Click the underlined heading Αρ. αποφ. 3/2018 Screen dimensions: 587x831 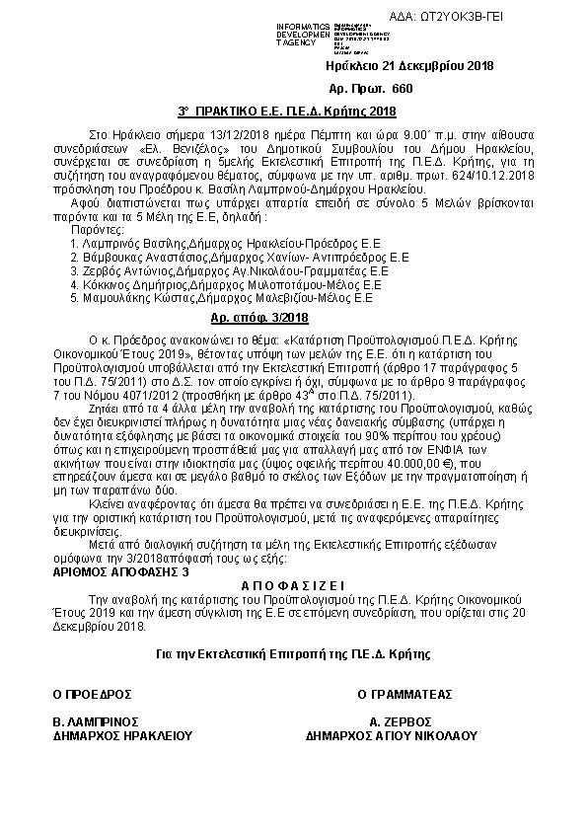coord(259,317)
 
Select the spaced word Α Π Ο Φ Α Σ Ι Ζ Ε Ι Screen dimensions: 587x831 coord(292,585)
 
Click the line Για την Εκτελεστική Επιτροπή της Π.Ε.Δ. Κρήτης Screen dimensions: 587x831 coord(292,653)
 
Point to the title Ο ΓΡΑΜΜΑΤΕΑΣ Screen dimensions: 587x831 coord(400,694)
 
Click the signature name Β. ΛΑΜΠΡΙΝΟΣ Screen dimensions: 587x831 coord(95,721)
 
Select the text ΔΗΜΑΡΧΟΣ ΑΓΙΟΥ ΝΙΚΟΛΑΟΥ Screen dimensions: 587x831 coord(392,735)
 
